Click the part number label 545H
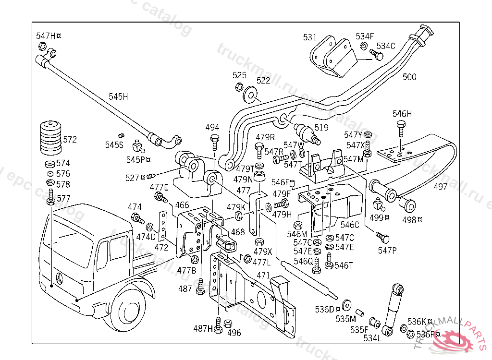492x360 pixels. click(x=118, y=96)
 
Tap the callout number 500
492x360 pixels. click(x=409, y=77)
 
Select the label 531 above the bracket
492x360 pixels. click(x=310, y=37)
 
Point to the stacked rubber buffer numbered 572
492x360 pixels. click(x=50, y=138)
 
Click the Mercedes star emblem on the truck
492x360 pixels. click(x=59, y=278)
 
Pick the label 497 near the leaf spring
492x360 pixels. click(x=441, y=187)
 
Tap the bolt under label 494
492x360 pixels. click(x=214, y=143)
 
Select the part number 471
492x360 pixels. click(x=263, y=276)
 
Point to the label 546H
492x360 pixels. click(x=402, y=114)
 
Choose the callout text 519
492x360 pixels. click(x=321, y=128)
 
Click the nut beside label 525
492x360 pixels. click(x=238, y=87)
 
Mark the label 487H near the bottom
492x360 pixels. click(x=203, y=328)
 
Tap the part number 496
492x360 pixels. click(x=234, y=333)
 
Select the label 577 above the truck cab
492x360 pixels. click(x=63, y=198)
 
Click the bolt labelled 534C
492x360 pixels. click(x=378, y=57)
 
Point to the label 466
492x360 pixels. click(x=182, y=205)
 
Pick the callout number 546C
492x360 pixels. click(x=350, y=224)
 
